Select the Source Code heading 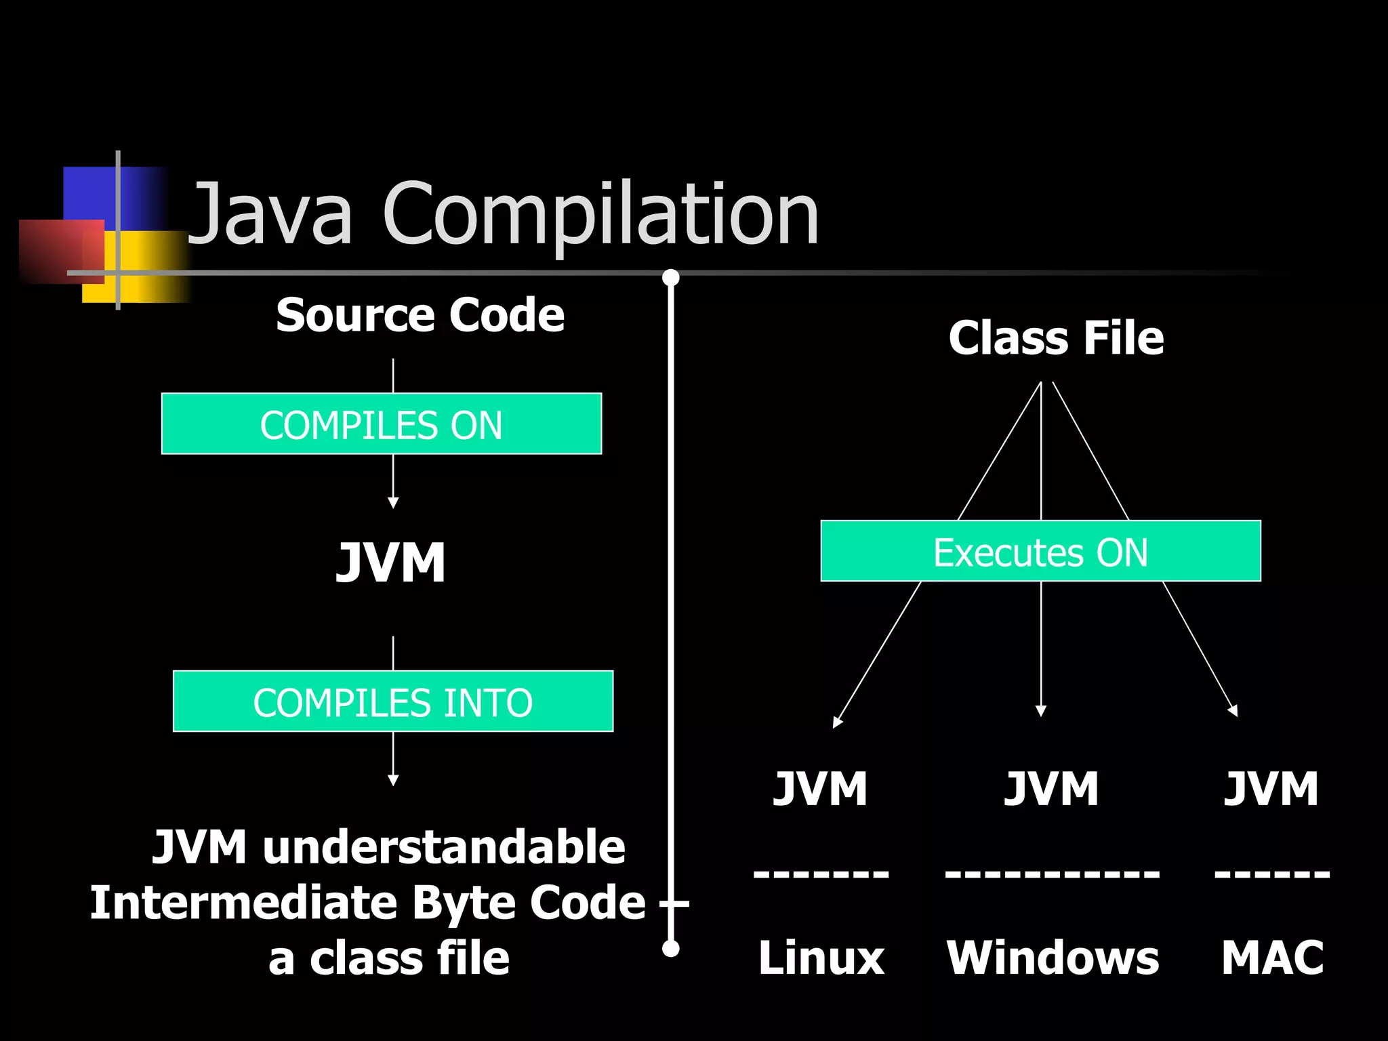click(420, 316)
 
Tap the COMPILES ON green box click(382, 424)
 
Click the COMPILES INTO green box click(393, 701)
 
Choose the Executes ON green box click(1040, 552)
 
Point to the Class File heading click(1056, 338)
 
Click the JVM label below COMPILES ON click(392, 563)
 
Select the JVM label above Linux click(820, 789)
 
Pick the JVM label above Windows click(1051, 789)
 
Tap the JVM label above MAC click(1271, 789)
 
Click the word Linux click(821, 958)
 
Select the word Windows click(1053, 958)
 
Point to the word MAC click(1272, 958)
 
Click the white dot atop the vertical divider click(671, 277)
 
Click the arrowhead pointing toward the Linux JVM click(838, 722)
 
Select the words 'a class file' click(389, 960)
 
